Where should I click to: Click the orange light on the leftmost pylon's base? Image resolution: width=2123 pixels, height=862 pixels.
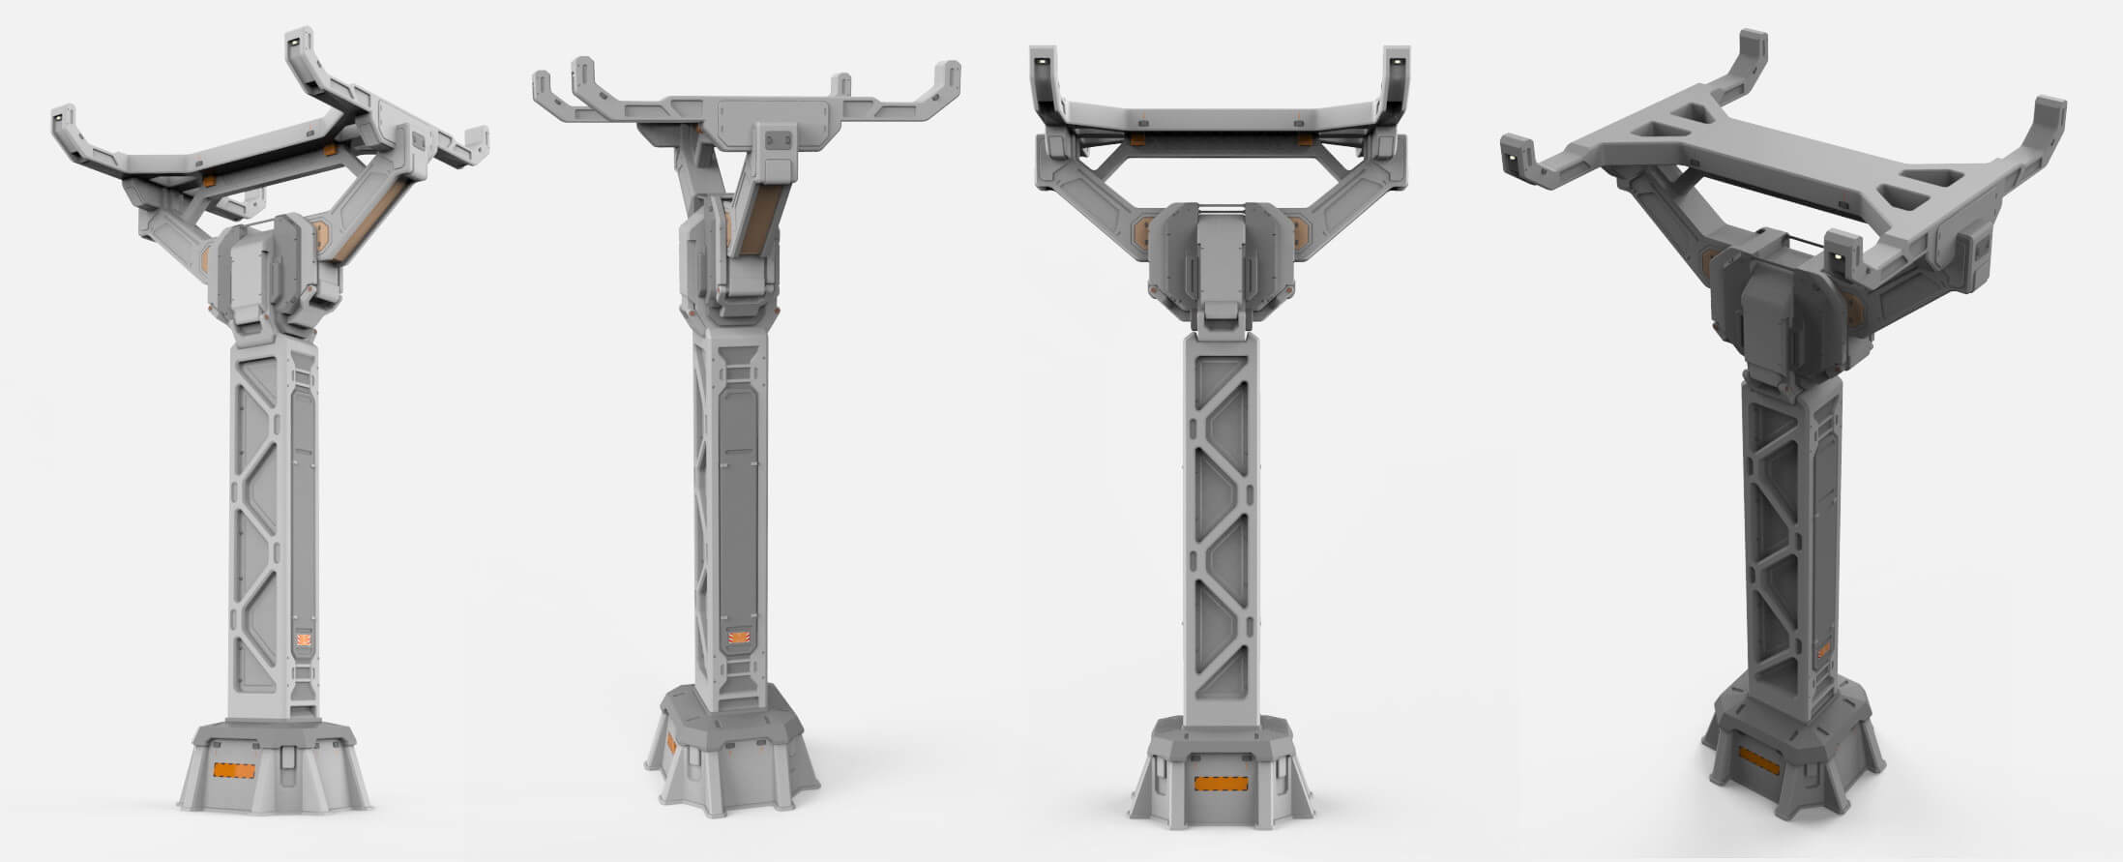[233, 770]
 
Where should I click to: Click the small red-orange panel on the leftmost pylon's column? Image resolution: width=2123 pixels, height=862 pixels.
[304, 639]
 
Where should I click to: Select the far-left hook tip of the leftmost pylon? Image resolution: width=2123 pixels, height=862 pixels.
[57, 115]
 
